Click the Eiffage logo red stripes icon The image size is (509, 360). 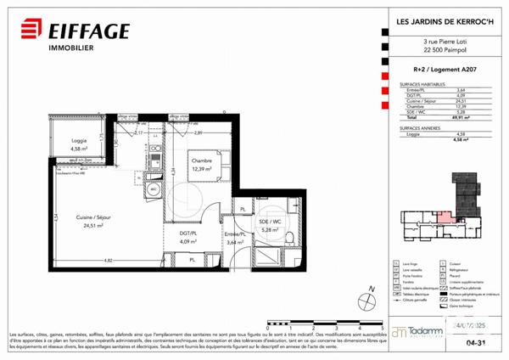(x=27, y=31)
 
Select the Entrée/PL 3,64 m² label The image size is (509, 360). (x=233, y=237)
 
